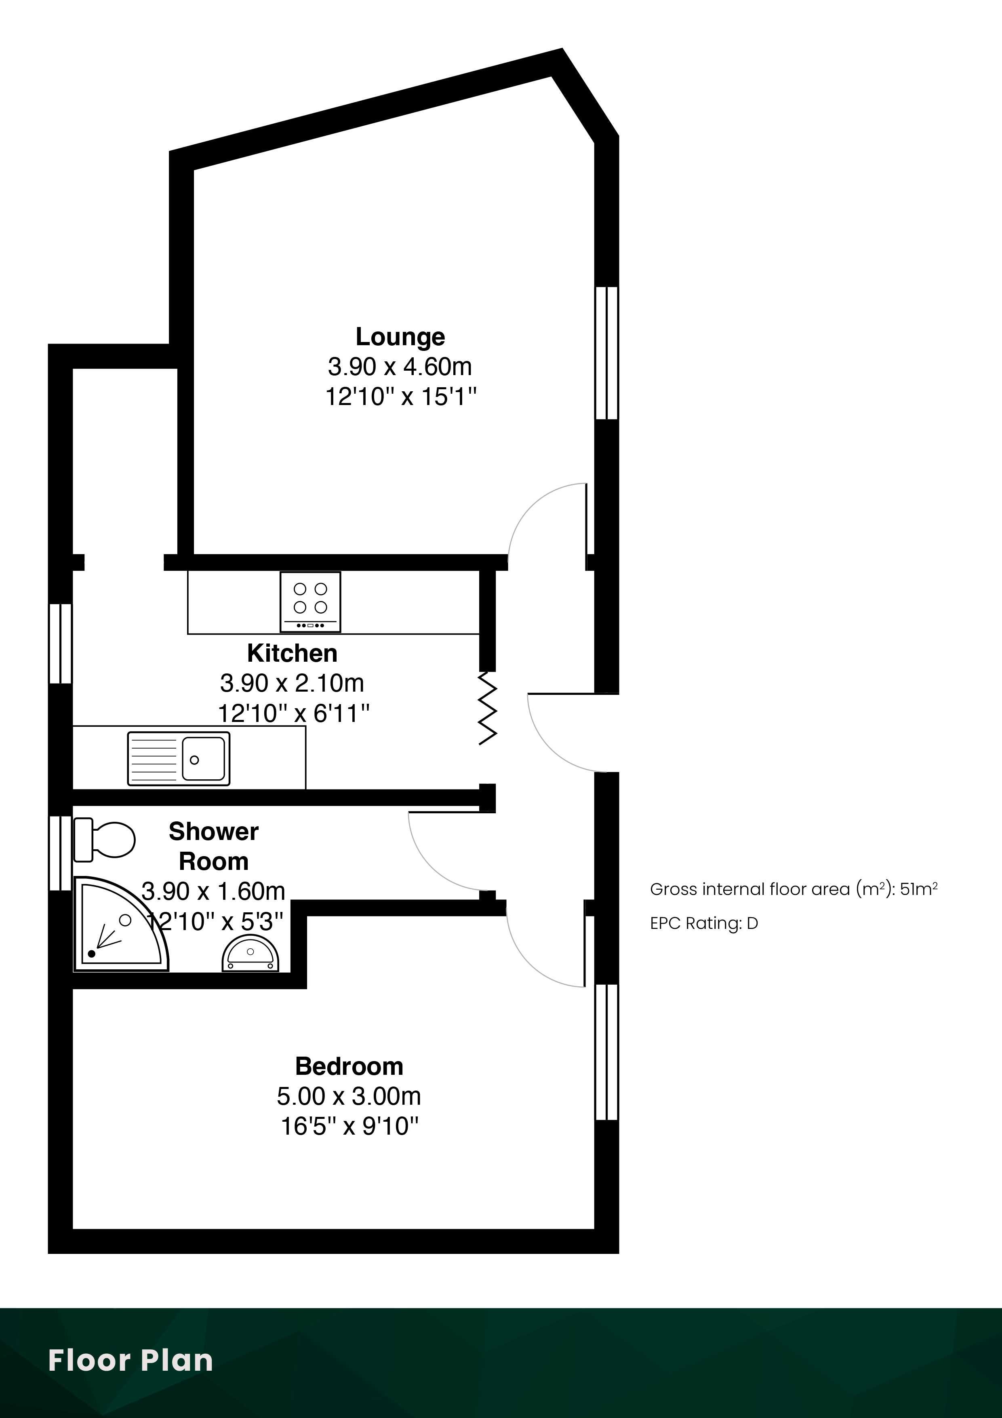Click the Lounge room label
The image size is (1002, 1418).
click(x=400, y=337)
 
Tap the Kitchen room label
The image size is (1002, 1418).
click(x=292, y=653)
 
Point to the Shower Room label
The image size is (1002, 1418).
click(x=214, y=846)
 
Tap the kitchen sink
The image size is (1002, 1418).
click(x=179, y=758)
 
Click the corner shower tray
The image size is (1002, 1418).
click(x=120, y=923)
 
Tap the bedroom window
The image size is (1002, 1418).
click(x=607, y=1052)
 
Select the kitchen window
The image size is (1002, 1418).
click(x=61, y=644)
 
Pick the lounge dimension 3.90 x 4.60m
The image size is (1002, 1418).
click(x=400, y=367)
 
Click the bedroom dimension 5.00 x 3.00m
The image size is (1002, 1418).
click(x=349, y=1096)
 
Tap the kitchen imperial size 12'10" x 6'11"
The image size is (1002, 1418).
click(x=293, y=713)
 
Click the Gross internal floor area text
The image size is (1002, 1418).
click(x=794, y=889)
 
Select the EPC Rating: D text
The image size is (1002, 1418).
click(x=704, y=923)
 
